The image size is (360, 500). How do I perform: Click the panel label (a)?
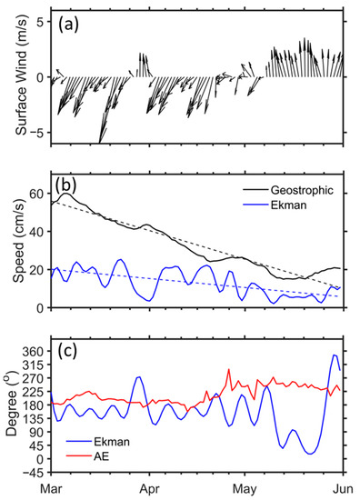tap(74, 23)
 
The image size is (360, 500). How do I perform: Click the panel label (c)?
tap(71, 351)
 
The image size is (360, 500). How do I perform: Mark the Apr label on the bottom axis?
tap(147, 489)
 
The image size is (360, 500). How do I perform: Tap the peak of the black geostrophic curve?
tap(67, 194)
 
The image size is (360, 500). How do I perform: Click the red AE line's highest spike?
tap(228, 370)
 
